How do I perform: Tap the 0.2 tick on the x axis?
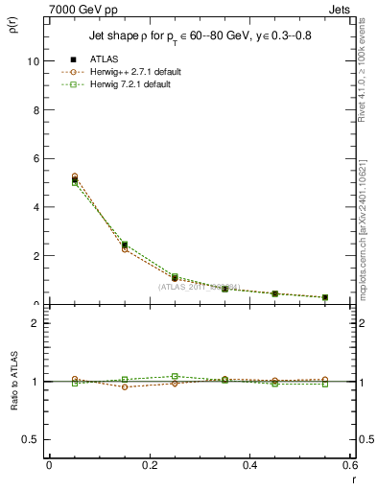click(149, 465)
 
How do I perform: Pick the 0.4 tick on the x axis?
click(249, 465)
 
